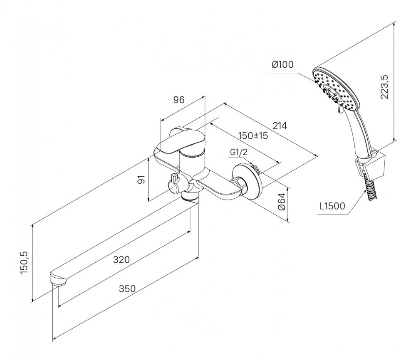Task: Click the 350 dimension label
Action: [127, 288]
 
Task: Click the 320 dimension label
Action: [121, 260]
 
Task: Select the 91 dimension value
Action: [142, 180]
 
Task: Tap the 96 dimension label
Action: [179, 100]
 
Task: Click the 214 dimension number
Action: [280, 126]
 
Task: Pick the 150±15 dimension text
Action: [253, 136]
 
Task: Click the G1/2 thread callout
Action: [238, 152]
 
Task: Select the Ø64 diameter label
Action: [282, 202]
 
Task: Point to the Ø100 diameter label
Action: [282, 64]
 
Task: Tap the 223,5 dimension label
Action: [384, 87]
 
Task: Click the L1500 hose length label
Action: [332, 206]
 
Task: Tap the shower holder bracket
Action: [371, 165]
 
